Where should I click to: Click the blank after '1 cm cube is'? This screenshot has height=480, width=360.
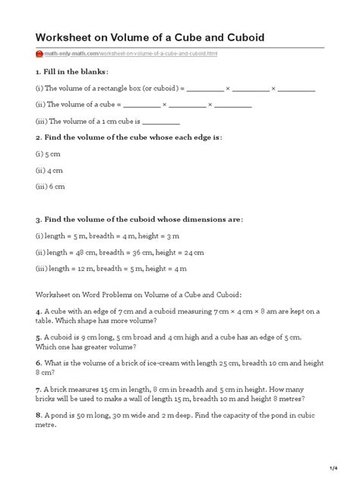[x=161, y=120]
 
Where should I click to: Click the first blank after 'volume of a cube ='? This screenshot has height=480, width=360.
[x=141, y=104]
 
